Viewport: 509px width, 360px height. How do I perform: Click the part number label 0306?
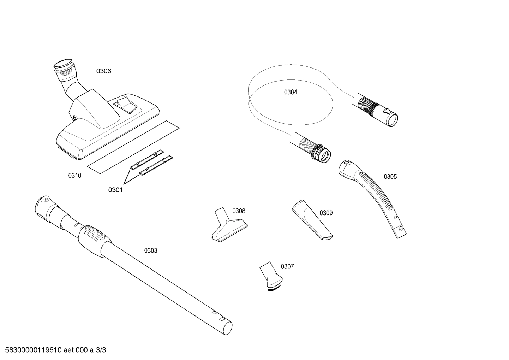104,71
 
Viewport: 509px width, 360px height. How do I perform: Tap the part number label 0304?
291,92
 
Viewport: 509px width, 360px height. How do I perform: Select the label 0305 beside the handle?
390,177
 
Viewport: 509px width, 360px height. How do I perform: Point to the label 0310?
75,176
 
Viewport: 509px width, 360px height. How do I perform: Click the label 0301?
115,190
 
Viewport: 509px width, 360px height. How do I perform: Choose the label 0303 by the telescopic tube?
150,250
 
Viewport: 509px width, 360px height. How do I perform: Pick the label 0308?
239,211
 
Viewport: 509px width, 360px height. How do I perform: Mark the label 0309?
326,213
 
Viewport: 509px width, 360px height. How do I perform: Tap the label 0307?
287,266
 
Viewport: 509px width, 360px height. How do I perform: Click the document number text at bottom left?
53,350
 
